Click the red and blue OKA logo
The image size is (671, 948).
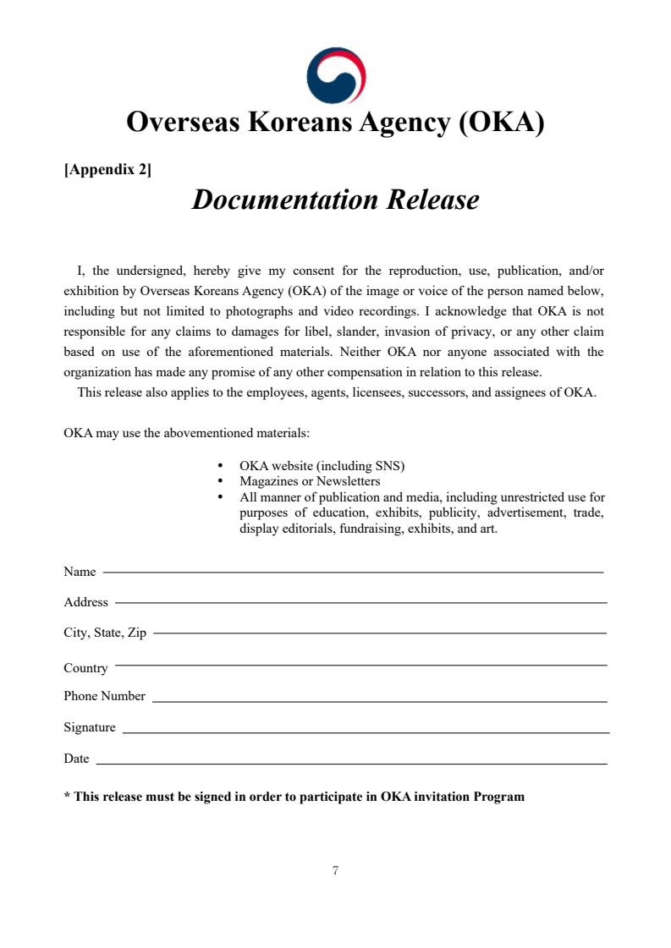click(336, 75)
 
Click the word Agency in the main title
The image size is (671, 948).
click(398, 123)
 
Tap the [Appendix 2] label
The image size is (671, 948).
click(107, 170)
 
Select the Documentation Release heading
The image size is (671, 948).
click(335, 200)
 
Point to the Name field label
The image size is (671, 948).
click(80, 573)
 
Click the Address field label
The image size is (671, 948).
click(85, 603)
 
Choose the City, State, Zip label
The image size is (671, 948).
click(105, 633)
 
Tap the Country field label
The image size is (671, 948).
click(85, 668)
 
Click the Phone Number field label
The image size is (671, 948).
click(104, 697)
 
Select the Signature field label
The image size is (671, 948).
click(90, 728)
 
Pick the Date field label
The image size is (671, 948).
click(76, 759)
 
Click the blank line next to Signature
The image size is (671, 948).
click(366, 732)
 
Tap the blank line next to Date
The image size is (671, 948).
click(352, 764)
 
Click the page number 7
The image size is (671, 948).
click(336, 870)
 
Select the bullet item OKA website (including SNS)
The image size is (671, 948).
click(322, 466)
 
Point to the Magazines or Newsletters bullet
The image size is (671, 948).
click(310, 481)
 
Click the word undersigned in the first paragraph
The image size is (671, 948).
click(149, 271)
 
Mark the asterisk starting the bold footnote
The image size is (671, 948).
click(67, 796)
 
